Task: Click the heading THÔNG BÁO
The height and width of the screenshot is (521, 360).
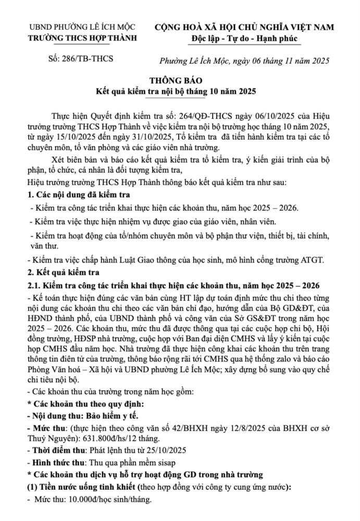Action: pos(180,81)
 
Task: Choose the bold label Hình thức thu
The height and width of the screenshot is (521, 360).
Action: pos(55,462)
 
